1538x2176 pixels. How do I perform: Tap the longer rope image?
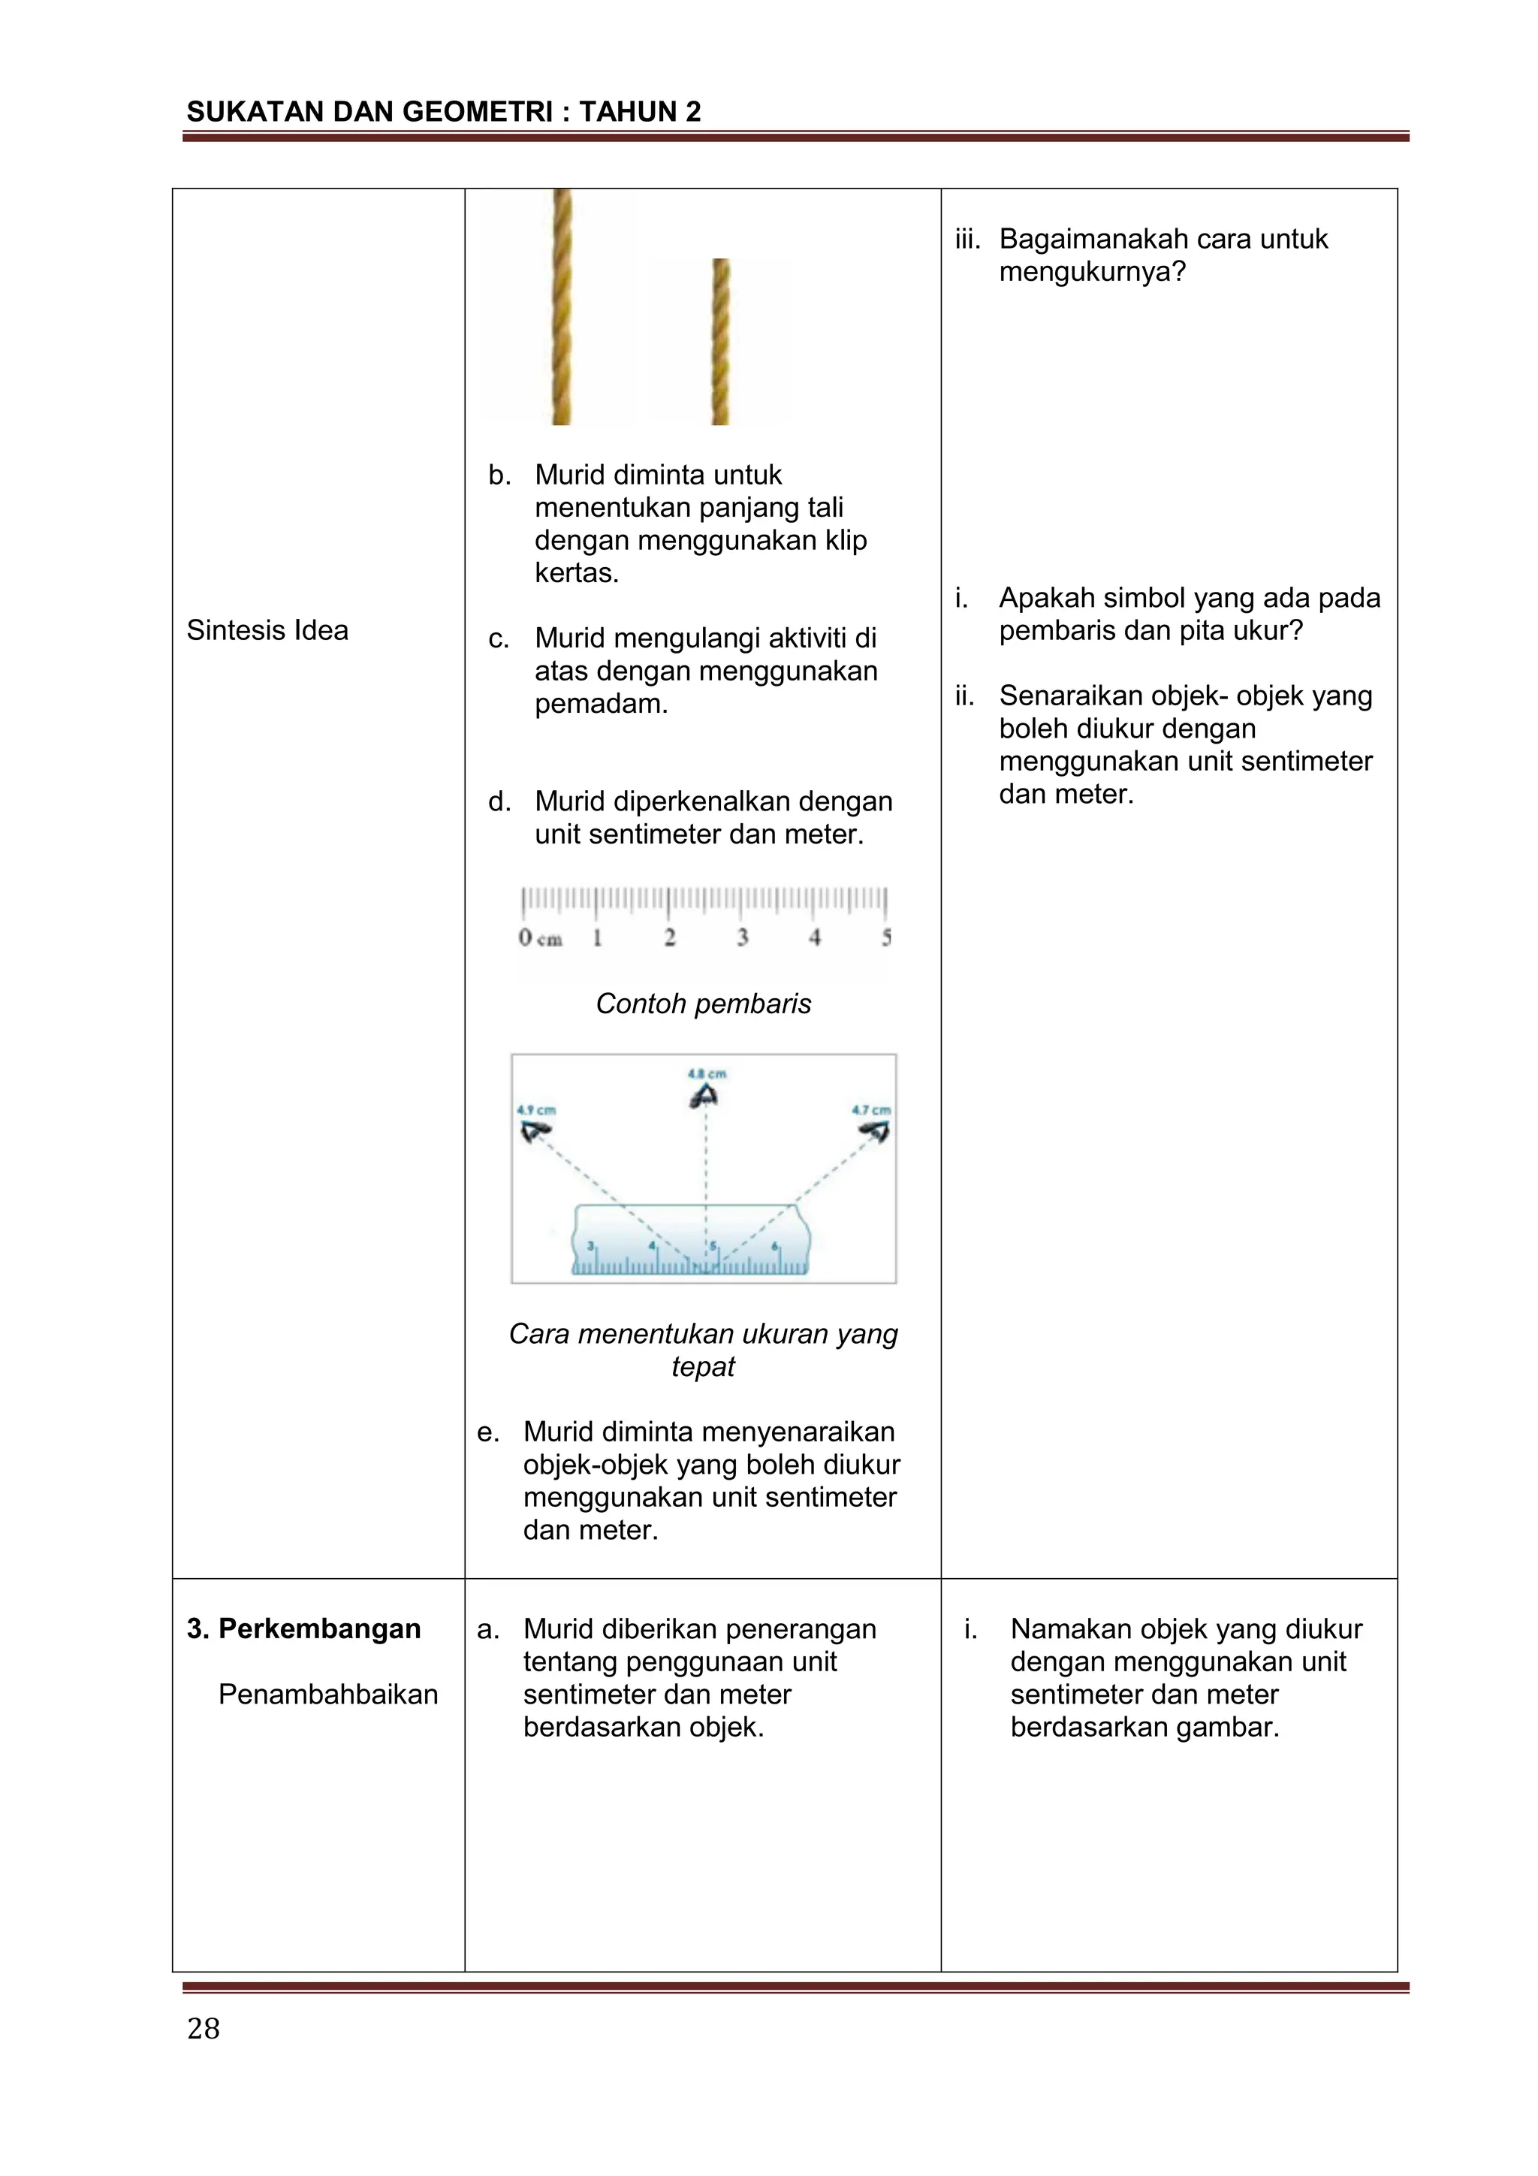click(x=562, y=306)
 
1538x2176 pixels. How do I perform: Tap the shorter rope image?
click(x=720, y=341)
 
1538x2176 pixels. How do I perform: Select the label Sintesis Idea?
click(x=267, y=630)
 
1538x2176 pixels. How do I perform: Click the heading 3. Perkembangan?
click(x=304, y=1628)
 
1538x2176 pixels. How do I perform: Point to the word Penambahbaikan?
click(x=328, y=1694)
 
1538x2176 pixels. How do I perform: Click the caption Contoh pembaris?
click(x=703, y=1003)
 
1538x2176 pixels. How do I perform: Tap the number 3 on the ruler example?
click(x=742, y=937)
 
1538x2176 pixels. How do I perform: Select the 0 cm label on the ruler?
click(x=539, y=938)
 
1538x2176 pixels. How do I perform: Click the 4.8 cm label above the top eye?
click(x=706, y=1074)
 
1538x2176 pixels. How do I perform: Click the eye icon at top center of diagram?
click(x=703, y=1097)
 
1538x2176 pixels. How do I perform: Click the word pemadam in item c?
click(x=600, y=704)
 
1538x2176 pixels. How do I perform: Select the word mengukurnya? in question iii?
click(x=1092, y=272)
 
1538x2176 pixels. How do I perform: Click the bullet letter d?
click(x=499, y=801)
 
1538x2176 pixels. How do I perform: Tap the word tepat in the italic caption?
click(x=702, y=1366)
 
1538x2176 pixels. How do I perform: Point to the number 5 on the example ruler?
click(x=886, y=937)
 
